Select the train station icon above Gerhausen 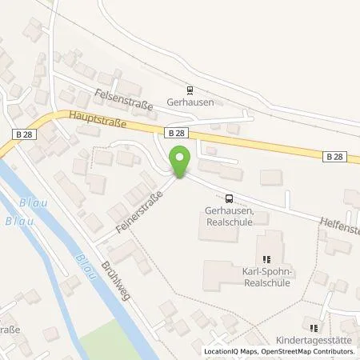pos(190,90)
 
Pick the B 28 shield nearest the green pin pos(177,133)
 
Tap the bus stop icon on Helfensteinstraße pos(230,198)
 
